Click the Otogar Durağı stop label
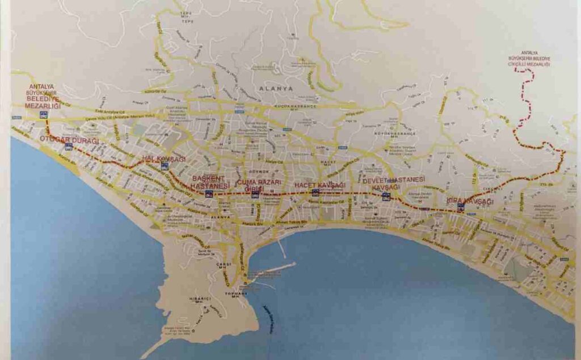pyautogui.click(x=69, y=140)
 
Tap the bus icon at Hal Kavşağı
pyautogui.click(x=165, y=166)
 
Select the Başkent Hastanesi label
pyautogui.click(x=209, y=182)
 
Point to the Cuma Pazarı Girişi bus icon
pyautogui.click(x=255, y=194)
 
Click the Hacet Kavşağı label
pyautogui.click(x=319, y=186)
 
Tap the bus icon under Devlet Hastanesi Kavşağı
pyautogui.click(x=386, y=196)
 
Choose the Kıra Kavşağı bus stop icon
pyautogui.click(x=461, y=207)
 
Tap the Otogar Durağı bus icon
pyautogui.click(x=69, y=146)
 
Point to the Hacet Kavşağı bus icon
pyautogui.click(x=315, y=192)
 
